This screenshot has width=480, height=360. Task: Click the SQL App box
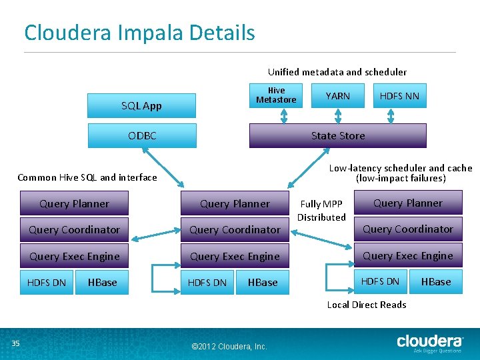click(141, 105)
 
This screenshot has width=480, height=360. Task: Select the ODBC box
click(142, 135)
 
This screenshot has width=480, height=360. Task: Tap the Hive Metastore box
click(276, 95)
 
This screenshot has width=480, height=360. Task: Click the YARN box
click(337, 96)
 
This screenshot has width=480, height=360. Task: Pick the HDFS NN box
click(399, 96)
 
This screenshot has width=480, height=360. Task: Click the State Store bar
click(337, 135)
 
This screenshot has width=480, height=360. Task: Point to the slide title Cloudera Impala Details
click(139, 32)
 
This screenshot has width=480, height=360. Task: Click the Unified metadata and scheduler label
click(337, 72)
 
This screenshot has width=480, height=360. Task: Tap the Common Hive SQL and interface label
click(87, 177)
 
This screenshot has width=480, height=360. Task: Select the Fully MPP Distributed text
click(321, 211)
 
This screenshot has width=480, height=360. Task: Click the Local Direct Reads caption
click(366, 305)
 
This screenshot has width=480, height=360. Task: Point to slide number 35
click(15, 343)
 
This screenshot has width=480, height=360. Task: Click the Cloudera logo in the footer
click(430, 341)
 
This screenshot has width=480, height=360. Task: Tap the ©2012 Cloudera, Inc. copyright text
click(229, 346)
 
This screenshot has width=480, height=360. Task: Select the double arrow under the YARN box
click(337, 116)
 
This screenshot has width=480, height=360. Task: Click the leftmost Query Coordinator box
click(74, 229)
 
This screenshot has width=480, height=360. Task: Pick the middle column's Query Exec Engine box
click(235, 256)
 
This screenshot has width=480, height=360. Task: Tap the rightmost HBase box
click(436, 281)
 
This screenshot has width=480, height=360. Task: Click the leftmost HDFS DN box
click(47, 283)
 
